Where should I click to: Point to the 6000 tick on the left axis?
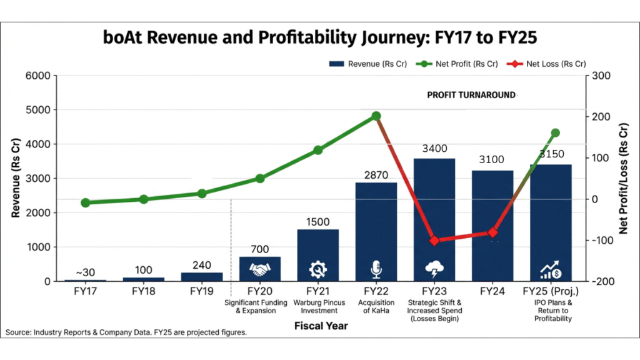pyautogui.click(x=37, y=76)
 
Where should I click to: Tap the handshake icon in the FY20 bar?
pyautogui.click(x=259, y=269)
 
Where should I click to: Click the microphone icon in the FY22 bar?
pyautogui.click(x=376, y=269)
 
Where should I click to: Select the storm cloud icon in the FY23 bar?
pyautogui.click(x=434, y=269)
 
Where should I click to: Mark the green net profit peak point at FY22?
pyautogui.click(x=376, y=116)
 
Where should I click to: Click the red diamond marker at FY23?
pyautogui.click(x=434, y=241)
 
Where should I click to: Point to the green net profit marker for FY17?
pyautogui.click(x=85, y=202)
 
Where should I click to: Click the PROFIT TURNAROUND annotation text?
pyautogui.click(x=471, y=96)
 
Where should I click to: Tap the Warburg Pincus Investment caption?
pyautogui.click(x=317, y=306)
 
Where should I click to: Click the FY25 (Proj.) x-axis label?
pyautogui.click(x=551, y=291)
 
